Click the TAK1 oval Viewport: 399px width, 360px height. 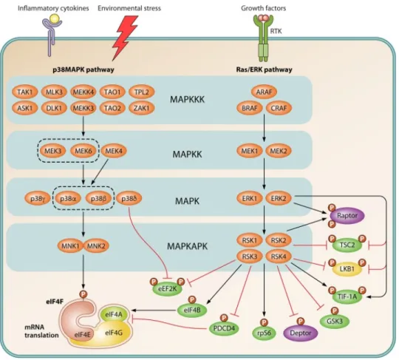[25, 92]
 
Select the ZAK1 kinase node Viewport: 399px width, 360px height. [142, 108]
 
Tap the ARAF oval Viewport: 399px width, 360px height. [264, 92]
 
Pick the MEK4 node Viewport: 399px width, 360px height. [114, 151]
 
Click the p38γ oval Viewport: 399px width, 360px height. [37, 198]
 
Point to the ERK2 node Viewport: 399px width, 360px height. [279, 198]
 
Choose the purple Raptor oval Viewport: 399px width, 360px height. [347, 216]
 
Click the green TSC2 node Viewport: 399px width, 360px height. [347, 245]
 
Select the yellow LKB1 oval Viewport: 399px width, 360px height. [347, 268]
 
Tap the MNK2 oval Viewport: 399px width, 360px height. [96, 246]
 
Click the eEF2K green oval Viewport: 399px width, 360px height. [167, 289]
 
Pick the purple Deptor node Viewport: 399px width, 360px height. [301, 333]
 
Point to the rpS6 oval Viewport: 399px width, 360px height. [264, 333]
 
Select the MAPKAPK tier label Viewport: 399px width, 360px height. [187, 246]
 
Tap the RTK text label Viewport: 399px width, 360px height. [276, 31]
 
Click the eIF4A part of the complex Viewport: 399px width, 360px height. [114, 314]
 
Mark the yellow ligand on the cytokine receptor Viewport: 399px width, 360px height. [54, 18]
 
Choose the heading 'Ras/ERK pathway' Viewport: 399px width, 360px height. [264, 69]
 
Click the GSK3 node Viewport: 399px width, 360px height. [335, 322]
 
